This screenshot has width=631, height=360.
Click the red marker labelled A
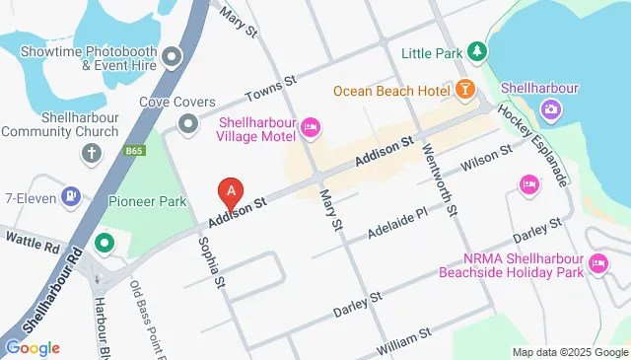click(230, 189)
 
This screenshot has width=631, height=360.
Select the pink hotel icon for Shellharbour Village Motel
click(311, 125)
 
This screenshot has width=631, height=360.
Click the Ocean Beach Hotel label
click(391, 91)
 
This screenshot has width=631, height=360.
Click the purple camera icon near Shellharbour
click(550, 108)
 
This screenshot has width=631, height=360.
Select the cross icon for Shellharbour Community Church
click(92, 153)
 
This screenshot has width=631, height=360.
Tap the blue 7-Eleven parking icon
click(71, 197)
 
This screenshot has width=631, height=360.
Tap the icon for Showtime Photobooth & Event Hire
click(174, 56)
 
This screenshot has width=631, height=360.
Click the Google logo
click(33, 347)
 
